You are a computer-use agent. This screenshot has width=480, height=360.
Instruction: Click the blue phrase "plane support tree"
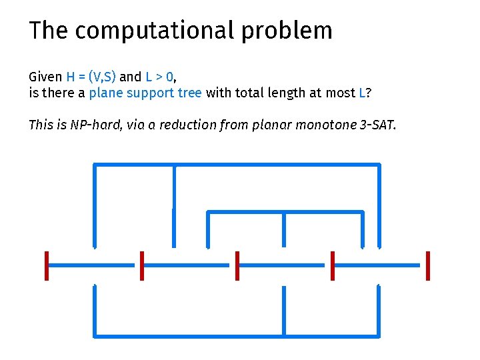click(145, 93)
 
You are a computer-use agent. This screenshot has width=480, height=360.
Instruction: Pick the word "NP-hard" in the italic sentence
click(94, 125)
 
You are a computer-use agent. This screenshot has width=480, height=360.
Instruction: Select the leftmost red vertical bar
click(47, 265)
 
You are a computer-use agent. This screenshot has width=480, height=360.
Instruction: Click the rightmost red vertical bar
click(427, 265)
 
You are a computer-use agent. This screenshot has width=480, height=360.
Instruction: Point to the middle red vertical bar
click(237, 265)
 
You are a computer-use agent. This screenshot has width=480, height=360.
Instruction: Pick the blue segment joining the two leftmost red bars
click(94, 265)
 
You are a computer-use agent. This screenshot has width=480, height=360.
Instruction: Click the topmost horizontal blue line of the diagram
click(237, 164)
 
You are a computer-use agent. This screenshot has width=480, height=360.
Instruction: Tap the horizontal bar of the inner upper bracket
click(285, 212)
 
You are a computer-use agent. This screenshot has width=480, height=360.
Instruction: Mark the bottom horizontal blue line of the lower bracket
click(237, 335)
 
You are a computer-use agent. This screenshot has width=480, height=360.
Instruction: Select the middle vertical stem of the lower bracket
click(284, 310)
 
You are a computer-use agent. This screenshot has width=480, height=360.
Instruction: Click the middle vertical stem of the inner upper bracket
click(284, 229)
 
